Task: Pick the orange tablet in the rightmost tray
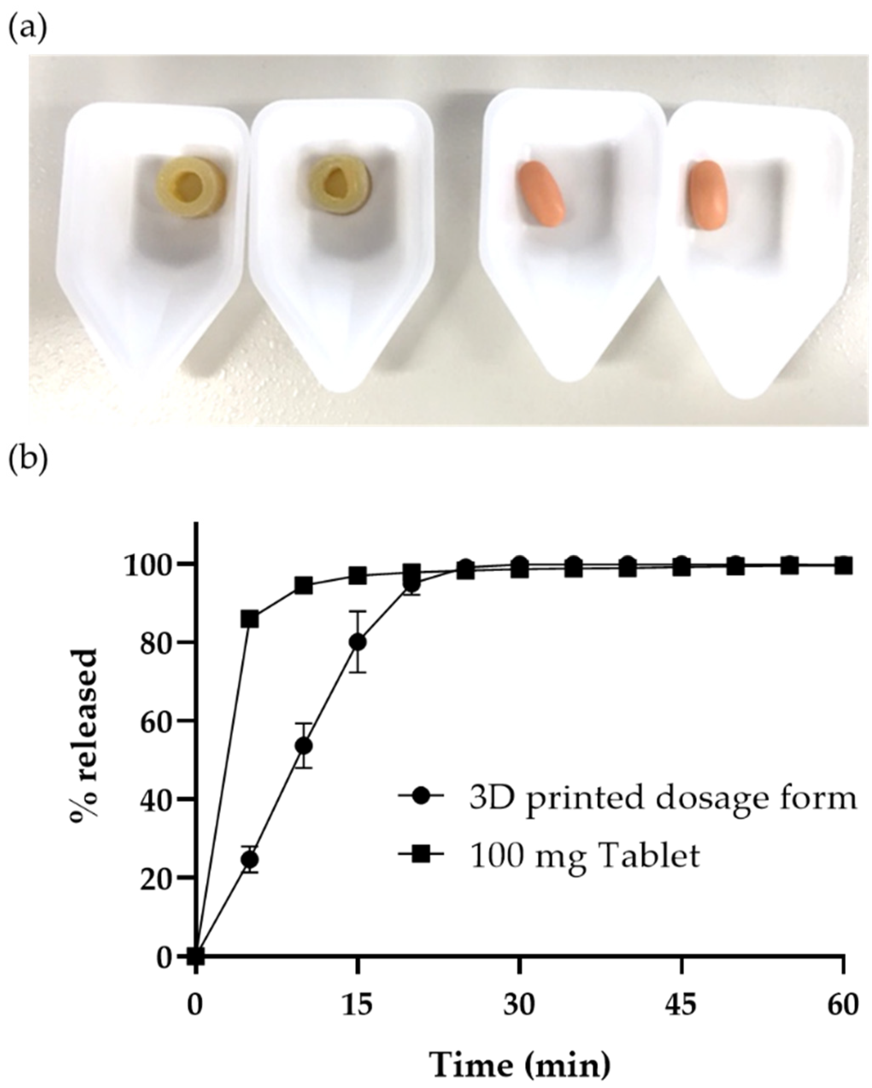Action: tap(709, 195)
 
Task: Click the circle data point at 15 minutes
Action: tap(358, 643)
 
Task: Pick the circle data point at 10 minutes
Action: tap(304, 746)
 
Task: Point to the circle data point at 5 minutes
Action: tap(250, 859)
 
